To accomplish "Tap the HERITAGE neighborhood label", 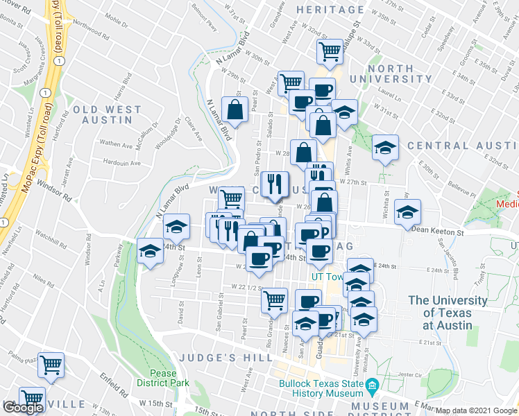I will [330, 10].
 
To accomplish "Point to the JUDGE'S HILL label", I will [221, 357].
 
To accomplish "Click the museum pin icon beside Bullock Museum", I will [372, 383].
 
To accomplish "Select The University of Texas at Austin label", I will [448, 312].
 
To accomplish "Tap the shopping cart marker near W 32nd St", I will [330, 51].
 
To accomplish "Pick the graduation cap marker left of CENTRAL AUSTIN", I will [385, 147].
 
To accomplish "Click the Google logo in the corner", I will [23, 408].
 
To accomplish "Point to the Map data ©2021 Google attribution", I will [477, 410].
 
